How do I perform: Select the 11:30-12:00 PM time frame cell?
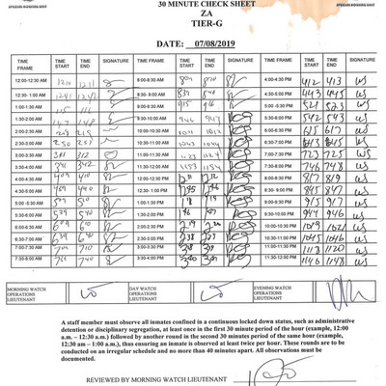click(282, 259)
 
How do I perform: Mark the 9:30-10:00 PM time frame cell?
click(282, 212)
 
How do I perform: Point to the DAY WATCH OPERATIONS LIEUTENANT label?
click(150, 290)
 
